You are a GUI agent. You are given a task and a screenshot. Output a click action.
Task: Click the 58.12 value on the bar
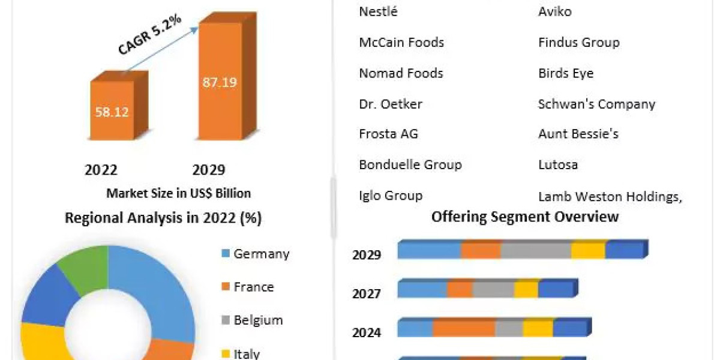pyautogui.click(x=112, y=112)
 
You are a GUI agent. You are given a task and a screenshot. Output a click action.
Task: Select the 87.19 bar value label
pyautogui.click(x=219, y=82)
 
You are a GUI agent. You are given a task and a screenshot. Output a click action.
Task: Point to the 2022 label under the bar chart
pyautogui.click(x=101, y=170)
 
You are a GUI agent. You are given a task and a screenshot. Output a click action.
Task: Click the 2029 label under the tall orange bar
pyautogui.click(x=209, y=170)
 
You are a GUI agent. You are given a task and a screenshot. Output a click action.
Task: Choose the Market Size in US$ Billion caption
pyautogui.click(x=178, y=193)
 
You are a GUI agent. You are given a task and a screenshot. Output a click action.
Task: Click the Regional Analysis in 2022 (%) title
pyautogui.click(x=163, y=218)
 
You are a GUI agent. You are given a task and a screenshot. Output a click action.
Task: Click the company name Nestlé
pyautogui.click(x=378, y=11)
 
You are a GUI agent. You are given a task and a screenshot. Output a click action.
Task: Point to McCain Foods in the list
pyautogui.click(x=401, y=42)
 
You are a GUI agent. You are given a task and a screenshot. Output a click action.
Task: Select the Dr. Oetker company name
pyautogui.click(x=391, y=104)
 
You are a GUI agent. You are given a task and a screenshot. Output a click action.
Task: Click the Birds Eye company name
pyautogui.click(x=566, y=73)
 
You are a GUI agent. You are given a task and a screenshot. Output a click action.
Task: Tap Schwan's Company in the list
pyautogui.click(x=596, y=104)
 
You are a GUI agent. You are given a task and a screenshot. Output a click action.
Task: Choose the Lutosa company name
pyautogui.click(x=558, y=164)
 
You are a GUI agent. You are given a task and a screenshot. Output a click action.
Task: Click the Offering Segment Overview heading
pyautogui.click(x=525, y=217)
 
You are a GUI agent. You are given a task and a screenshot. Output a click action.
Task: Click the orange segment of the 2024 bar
pyautogui.click(x=464, y=328)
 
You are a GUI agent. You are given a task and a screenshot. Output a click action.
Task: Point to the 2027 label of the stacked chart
pyautogui.click(x=367, y=294)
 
